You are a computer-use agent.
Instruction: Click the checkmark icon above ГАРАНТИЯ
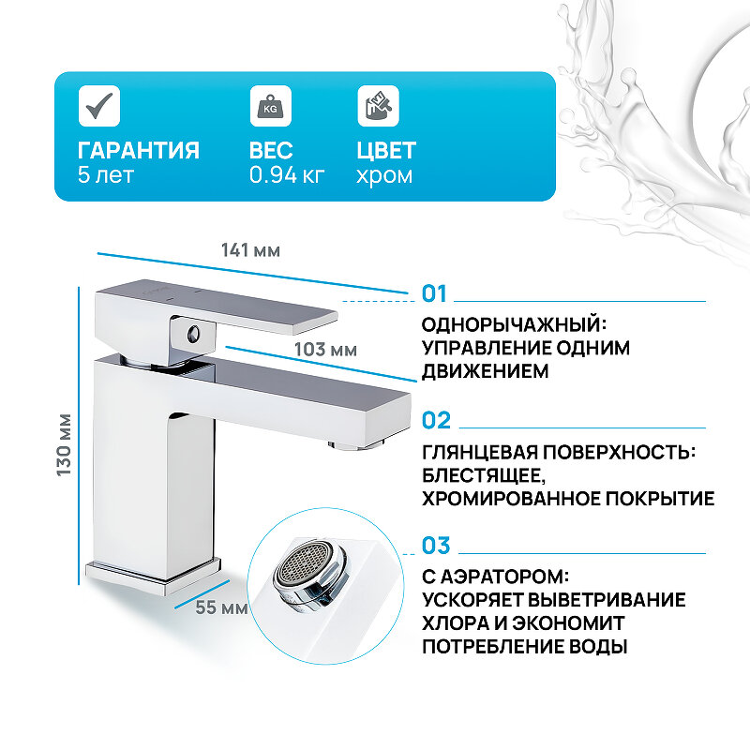98,105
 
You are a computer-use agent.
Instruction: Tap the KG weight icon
270,105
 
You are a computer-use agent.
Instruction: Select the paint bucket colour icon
378,105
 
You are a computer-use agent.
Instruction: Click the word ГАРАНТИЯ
138,151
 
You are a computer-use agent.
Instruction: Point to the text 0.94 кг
287,175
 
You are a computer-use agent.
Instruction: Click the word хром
384,175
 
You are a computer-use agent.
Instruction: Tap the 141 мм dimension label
251,250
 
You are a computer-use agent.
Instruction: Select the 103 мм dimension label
325,350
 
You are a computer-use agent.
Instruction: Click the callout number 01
436,294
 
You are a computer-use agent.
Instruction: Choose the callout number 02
436,420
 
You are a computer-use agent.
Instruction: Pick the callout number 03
436,546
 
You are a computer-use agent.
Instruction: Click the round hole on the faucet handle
193,333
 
